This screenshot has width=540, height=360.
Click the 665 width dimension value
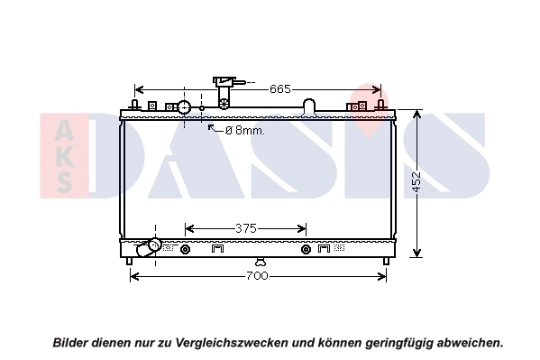(280, 88)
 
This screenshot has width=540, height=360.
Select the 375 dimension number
(246, 228)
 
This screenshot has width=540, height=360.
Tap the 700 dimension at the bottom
(257, 275)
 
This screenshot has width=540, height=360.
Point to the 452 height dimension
(416, 182)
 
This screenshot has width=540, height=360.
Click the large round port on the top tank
(185, 107)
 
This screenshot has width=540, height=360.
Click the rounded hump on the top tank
(309, 106)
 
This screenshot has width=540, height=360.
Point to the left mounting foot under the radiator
(130, 262)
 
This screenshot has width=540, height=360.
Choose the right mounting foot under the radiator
(386, 262)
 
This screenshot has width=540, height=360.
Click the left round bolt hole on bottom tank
(186, 249)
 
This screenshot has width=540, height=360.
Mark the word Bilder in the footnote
(71, 343)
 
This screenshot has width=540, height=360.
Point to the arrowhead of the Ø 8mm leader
(211, 127)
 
